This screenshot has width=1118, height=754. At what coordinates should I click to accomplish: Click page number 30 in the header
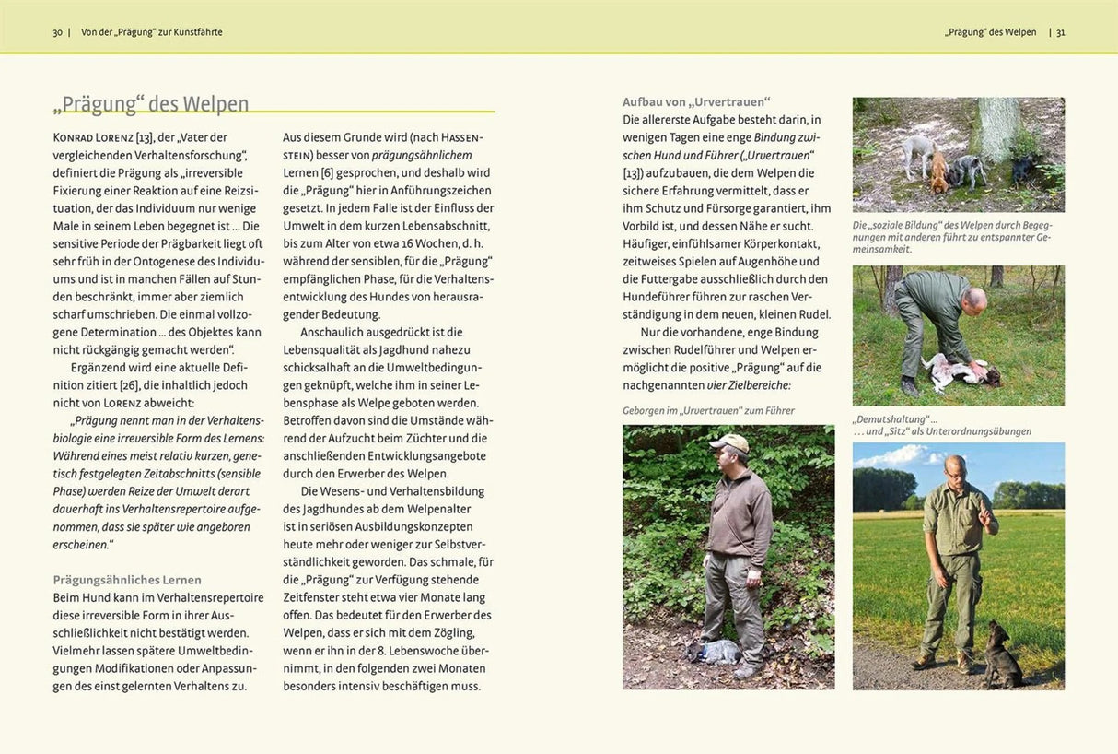click(x=57, y=32)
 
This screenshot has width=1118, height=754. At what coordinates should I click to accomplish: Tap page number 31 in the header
click(x=1060, y=32)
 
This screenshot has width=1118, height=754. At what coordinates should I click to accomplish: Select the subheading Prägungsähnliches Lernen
click(x=127, y=580)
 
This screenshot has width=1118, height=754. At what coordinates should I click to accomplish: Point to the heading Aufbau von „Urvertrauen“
click(x=696, y=101)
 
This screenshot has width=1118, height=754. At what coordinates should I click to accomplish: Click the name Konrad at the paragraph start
click(x=73, y=137)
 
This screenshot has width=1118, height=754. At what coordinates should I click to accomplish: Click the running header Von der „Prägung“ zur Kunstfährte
click(x=152, y=32)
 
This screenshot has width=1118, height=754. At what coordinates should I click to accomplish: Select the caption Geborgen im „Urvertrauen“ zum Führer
click(x=708, y=410)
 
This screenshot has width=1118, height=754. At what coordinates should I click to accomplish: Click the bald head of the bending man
click(x=975, y=300)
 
